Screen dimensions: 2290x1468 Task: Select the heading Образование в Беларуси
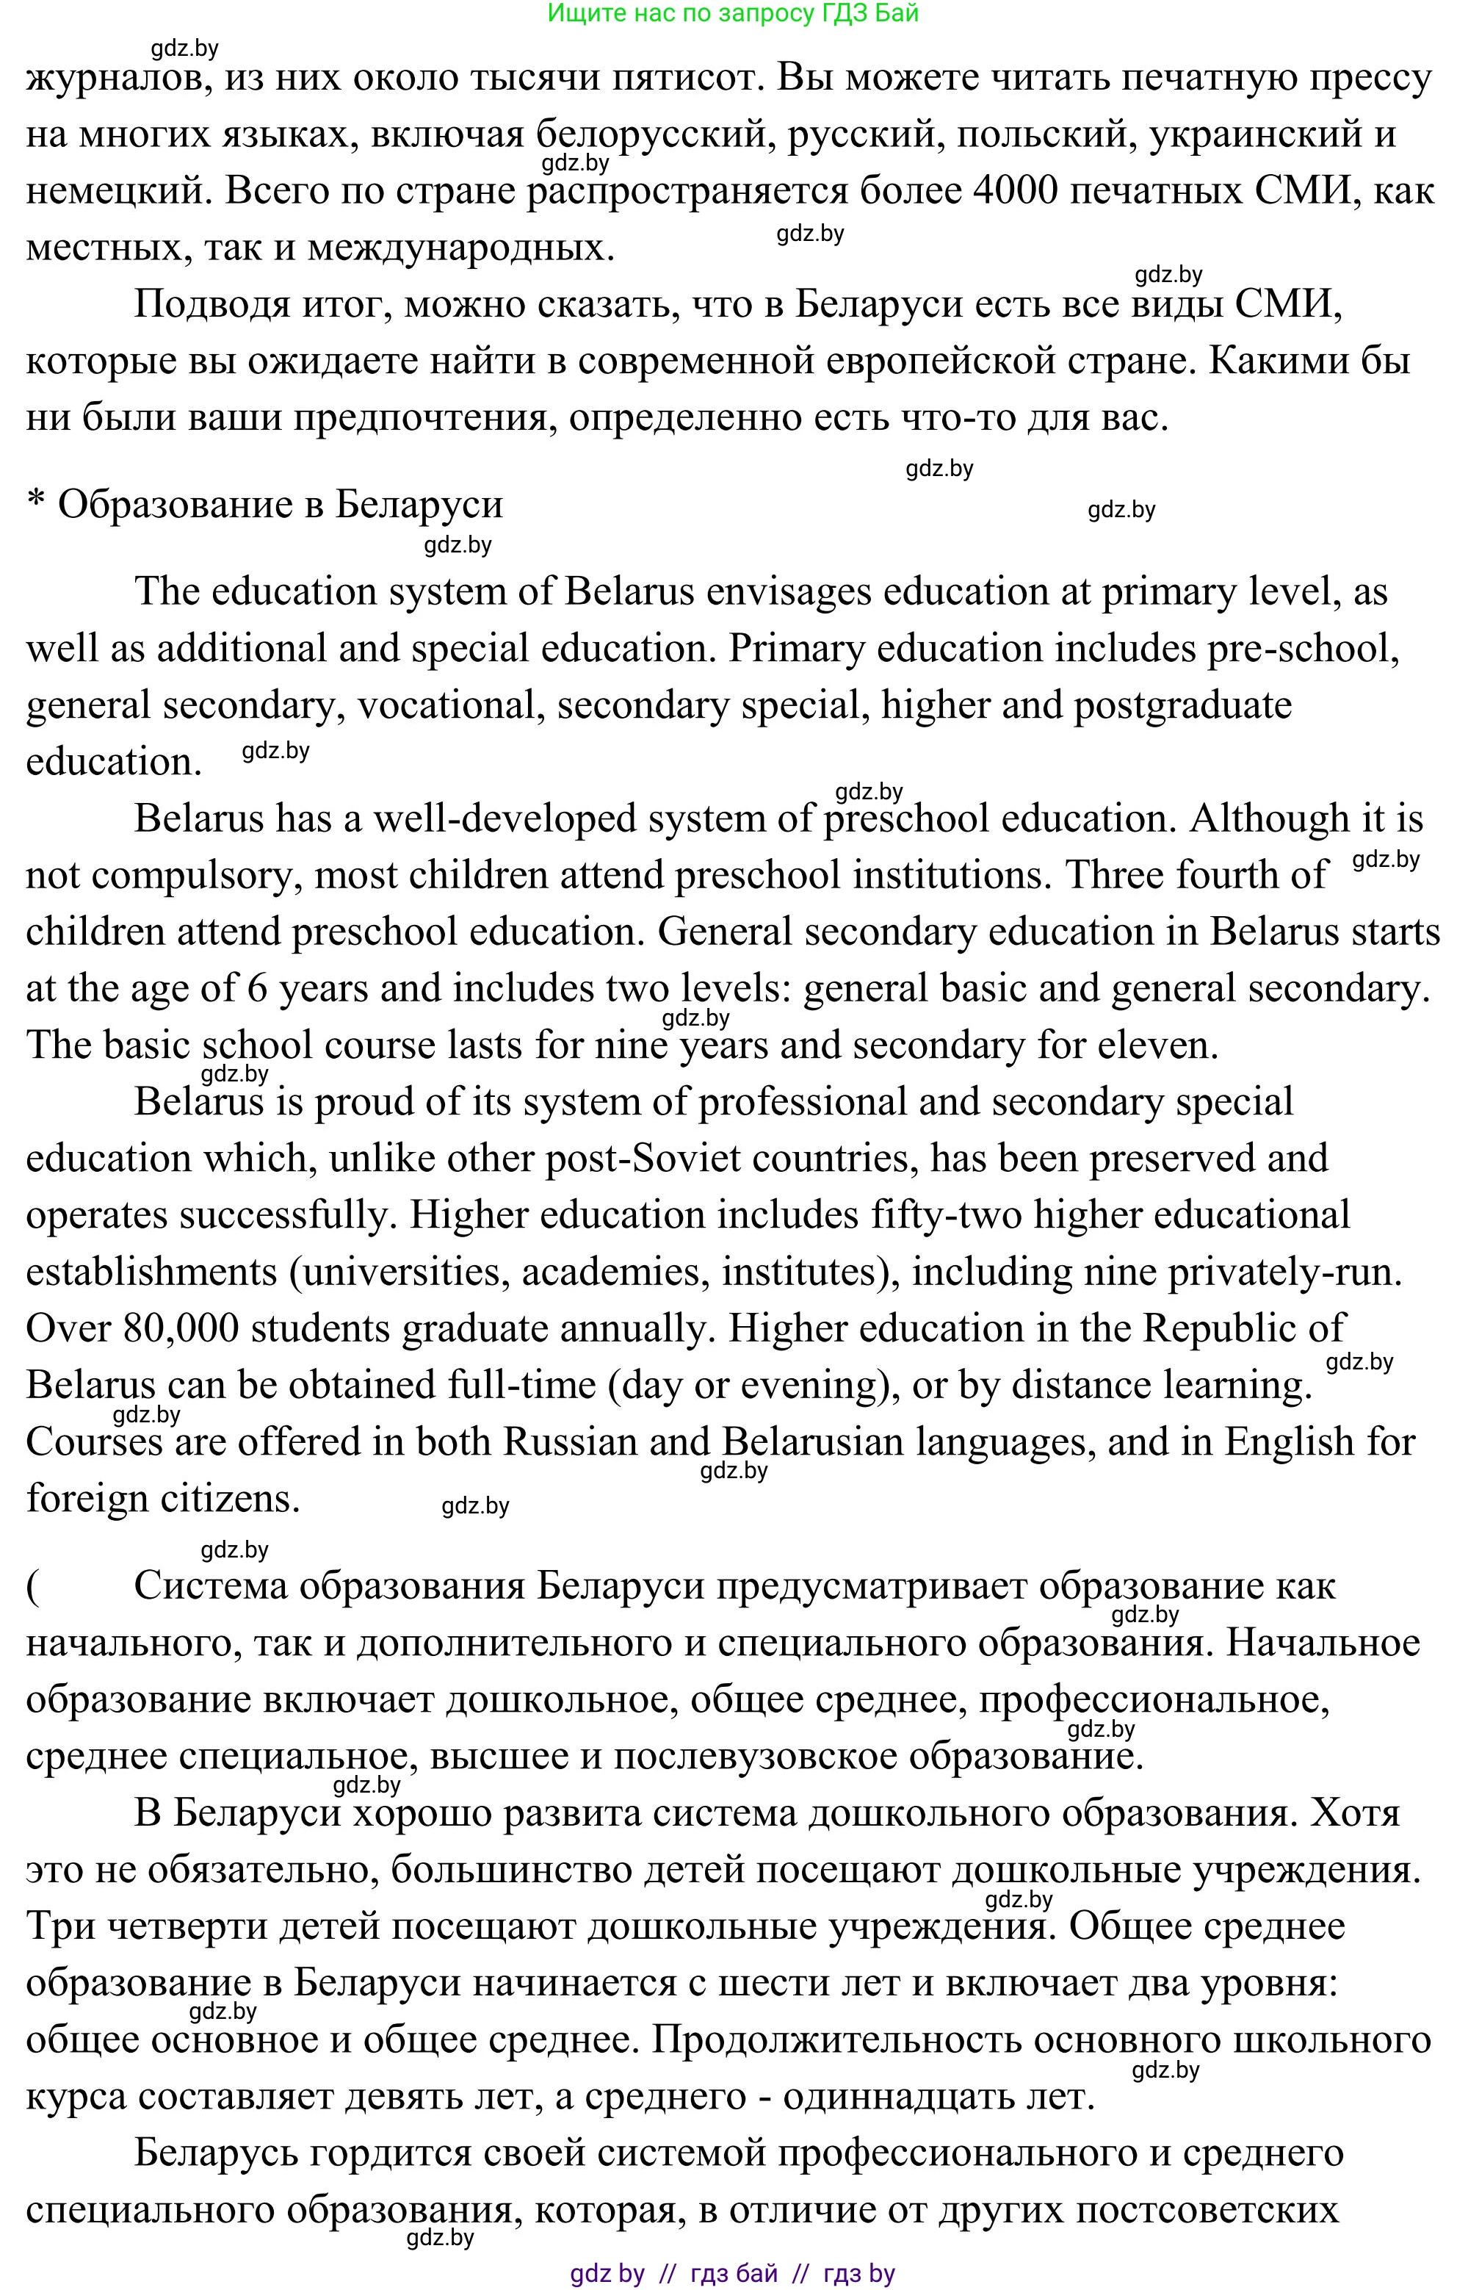[281, 504]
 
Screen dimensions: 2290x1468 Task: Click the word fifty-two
[946, 1216]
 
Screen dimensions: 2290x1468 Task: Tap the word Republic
[1213, 1329]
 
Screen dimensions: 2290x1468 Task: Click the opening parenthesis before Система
[32, 1586]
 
